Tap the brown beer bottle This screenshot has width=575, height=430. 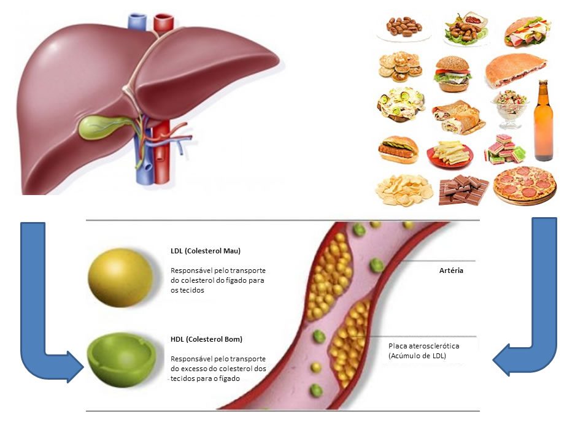[543, 123]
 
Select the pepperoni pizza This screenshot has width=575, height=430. [525, 185]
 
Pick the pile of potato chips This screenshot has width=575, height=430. [404, 190]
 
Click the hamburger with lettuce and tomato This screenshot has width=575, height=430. [453, 74]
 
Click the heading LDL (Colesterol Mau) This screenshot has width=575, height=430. [205, 251]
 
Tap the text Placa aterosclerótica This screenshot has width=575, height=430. [424, 346]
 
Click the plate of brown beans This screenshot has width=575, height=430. [403, 27]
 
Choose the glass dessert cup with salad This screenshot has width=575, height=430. [508, 107]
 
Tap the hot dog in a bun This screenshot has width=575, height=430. [398, 149]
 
